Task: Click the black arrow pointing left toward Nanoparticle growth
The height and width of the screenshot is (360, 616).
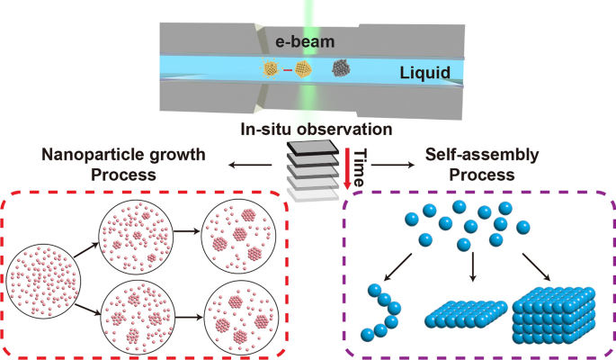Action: pos(247,166)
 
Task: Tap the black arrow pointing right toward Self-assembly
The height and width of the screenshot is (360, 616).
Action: pos(389,166)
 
